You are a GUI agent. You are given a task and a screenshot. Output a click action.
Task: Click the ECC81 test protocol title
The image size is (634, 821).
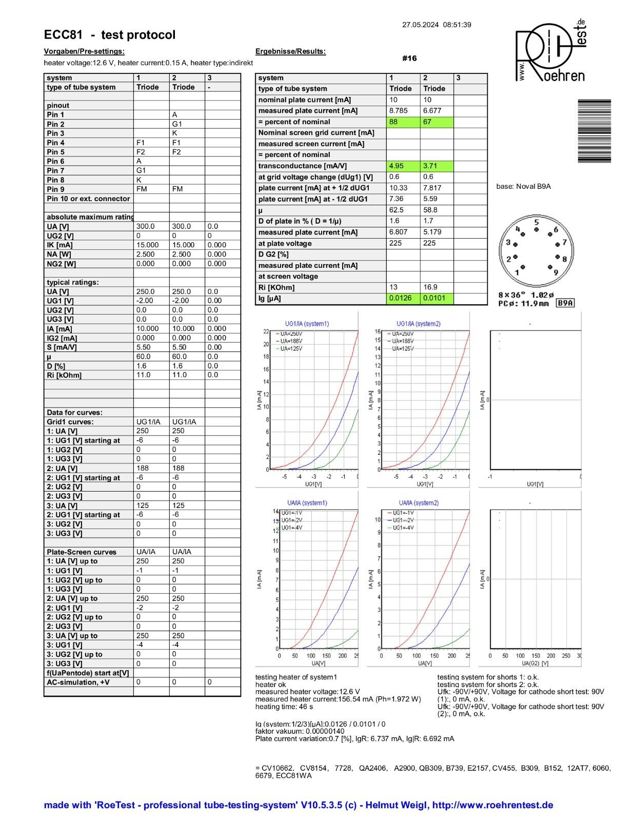tap(109, 35)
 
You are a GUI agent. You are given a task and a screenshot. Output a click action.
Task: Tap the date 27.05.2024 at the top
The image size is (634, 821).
tap(420, 25)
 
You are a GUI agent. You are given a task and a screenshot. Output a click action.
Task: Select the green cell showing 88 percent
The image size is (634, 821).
tap(403, 122)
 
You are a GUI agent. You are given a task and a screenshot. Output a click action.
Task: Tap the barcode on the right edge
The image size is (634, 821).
tap(594, 131)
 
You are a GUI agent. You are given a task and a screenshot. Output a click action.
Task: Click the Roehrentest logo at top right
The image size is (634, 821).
tap(551, 51)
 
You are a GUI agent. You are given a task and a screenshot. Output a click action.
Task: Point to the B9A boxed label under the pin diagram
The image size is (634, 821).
tap(565, 303)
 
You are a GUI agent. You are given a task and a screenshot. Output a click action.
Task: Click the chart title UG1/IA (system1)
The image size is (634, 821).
tap(307, 324)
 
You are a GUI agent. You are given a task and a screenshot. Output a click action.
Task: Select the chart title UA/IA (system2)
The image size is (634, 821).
tap(419, 503)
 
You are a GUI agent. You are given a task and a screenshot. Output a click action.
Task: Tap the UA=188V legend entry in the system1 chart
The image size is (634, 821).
tap(289, 341)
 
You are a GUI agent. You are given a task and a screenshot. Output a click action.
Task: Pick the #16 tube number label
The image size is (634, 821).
tap(409, 58)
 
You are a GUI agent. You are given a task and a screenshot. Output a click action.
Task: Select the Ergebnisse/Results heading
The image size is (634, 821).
tap(290, 51)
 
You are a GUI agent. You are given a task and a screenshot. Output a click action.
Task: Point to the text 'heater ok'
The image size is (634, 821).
tap(270, 685)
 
